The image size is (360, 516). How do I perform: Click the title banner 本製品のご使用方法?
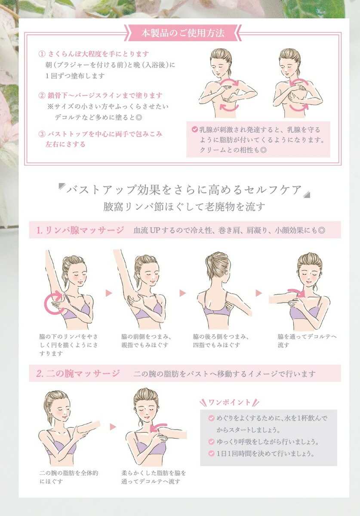coord(183,33)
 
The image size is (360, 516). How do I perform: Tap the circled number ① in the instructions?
coord(42,54)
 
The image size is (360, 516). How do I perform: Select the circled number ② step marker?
coord(42,95)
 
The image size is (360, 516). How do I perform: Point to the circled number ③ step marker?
coord(42,134)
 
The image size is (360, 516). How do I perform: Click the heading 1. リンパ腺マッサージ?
coord(80,230)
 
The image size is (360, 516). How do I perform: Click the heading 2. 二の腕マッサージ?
coord(78,373)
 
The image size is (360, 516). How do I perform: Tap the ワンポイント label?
coord(229,402)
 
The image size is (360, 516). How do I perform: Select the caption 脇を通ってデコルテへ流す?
coord(307,341)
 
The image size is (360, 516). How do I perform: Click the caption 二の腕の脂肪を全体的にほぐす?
coord(69,477)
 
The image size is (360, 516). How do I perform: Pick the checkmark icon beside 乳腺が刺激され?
coord(195,129)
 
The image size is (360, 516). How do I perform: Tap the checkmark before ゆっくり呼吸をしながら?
coord(211,442)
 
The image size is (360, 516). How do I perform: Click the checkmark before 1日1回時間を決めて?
coord(211,454)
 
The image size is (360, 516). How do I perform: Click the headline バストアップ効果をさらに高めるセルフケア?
coord(184,190)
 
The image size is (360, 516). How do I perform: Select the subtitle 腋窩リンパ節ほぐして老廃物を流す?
coord(184,207)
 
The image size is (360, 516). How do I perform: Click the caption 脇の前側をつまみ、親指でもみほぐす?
coord(146,341)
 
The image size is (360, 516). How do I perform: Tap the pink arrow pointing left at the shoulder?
coord(158,427)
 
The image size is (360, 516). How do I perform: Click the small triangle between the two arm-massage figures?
coord(113,427)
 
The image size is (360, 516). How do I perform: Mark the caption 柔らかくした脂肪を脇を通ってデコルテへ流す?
coord(154,477)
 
